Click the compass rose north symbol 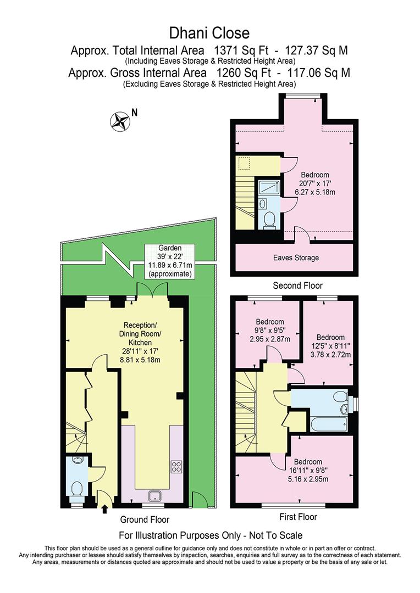[119, 121]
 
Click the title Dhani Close [209, 34]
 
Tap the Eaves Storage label [296, 258]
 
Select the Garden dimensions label [169, 260]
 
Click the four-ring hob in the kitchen [177, 467]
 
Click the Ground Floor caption [145, 519]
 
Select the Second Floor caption [297, 286]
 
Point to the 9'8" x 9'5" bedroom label [269, 331]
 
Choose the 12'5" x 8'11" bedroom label [330, 346]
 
